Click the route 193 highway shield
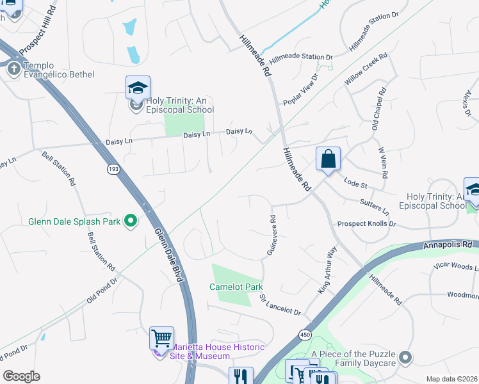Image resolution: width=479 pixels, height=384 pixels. tap(113, 168)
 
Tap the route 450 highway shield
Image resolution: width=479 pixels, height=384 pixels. tap(304, 335)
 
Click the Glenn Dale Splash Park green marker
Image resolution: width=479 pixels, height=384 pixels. tap(131, 222)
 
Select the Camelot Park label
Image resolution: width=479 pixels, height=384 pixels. tap(236, 287)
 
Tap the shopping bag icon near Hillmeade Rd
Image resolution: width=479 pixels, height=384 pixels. tap(328, 159)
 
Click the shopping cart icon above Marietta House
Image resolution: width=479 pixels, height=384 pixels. tap(161, 339)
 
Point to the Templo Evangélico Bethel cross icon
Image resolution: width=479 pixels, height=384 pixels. tap(13, 69)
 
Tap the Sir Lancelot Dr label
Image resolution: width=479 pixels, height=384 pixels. tap(280, 305)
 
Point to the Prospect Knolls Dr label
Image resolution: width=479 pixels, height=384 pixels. tap(367, 224)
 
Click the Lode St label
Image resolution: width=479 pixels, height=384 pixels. tap(355, 184)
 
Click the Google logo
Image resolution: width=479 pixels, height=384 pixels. tap(21, 376)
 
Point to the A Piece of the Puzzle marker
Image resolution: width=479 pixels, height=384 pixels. tap(404, 356)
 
